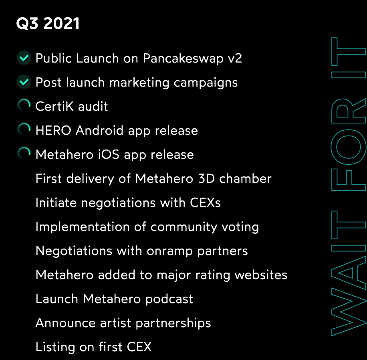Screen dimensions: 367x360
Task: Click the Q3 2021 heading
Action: tap(48, 24)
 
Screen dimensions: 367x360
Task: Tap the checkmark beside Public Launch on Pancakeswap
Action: tap(24, 58)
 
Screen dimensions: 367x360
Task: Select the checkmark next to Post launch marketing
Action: tap(24, 82)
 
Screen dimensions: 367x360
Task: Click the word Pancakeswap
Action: tap(183, 59)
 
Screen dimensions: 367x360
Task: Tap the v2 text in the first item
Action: tap(235, 59)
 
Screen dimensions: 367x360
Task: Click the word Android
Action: tap(99, 130)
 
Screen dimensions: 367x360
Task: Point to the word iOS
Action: tap(108, 154)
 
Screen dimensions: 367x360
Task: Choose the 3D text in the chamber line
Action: tap(206, 178)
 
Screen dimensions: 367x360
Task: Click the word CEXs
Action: tap(205, 202)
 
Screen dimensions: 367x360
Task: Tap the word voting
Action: tap(240, 227)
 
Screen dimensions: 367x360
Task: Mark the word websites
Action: tap(261, 275)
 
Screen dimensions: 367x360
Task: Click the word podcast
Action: tap(169, 299)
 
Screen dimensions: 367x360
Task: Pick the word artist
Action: tap(115, 323)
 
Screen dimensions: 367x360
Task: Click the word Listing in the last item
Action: tap(55, 347)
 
